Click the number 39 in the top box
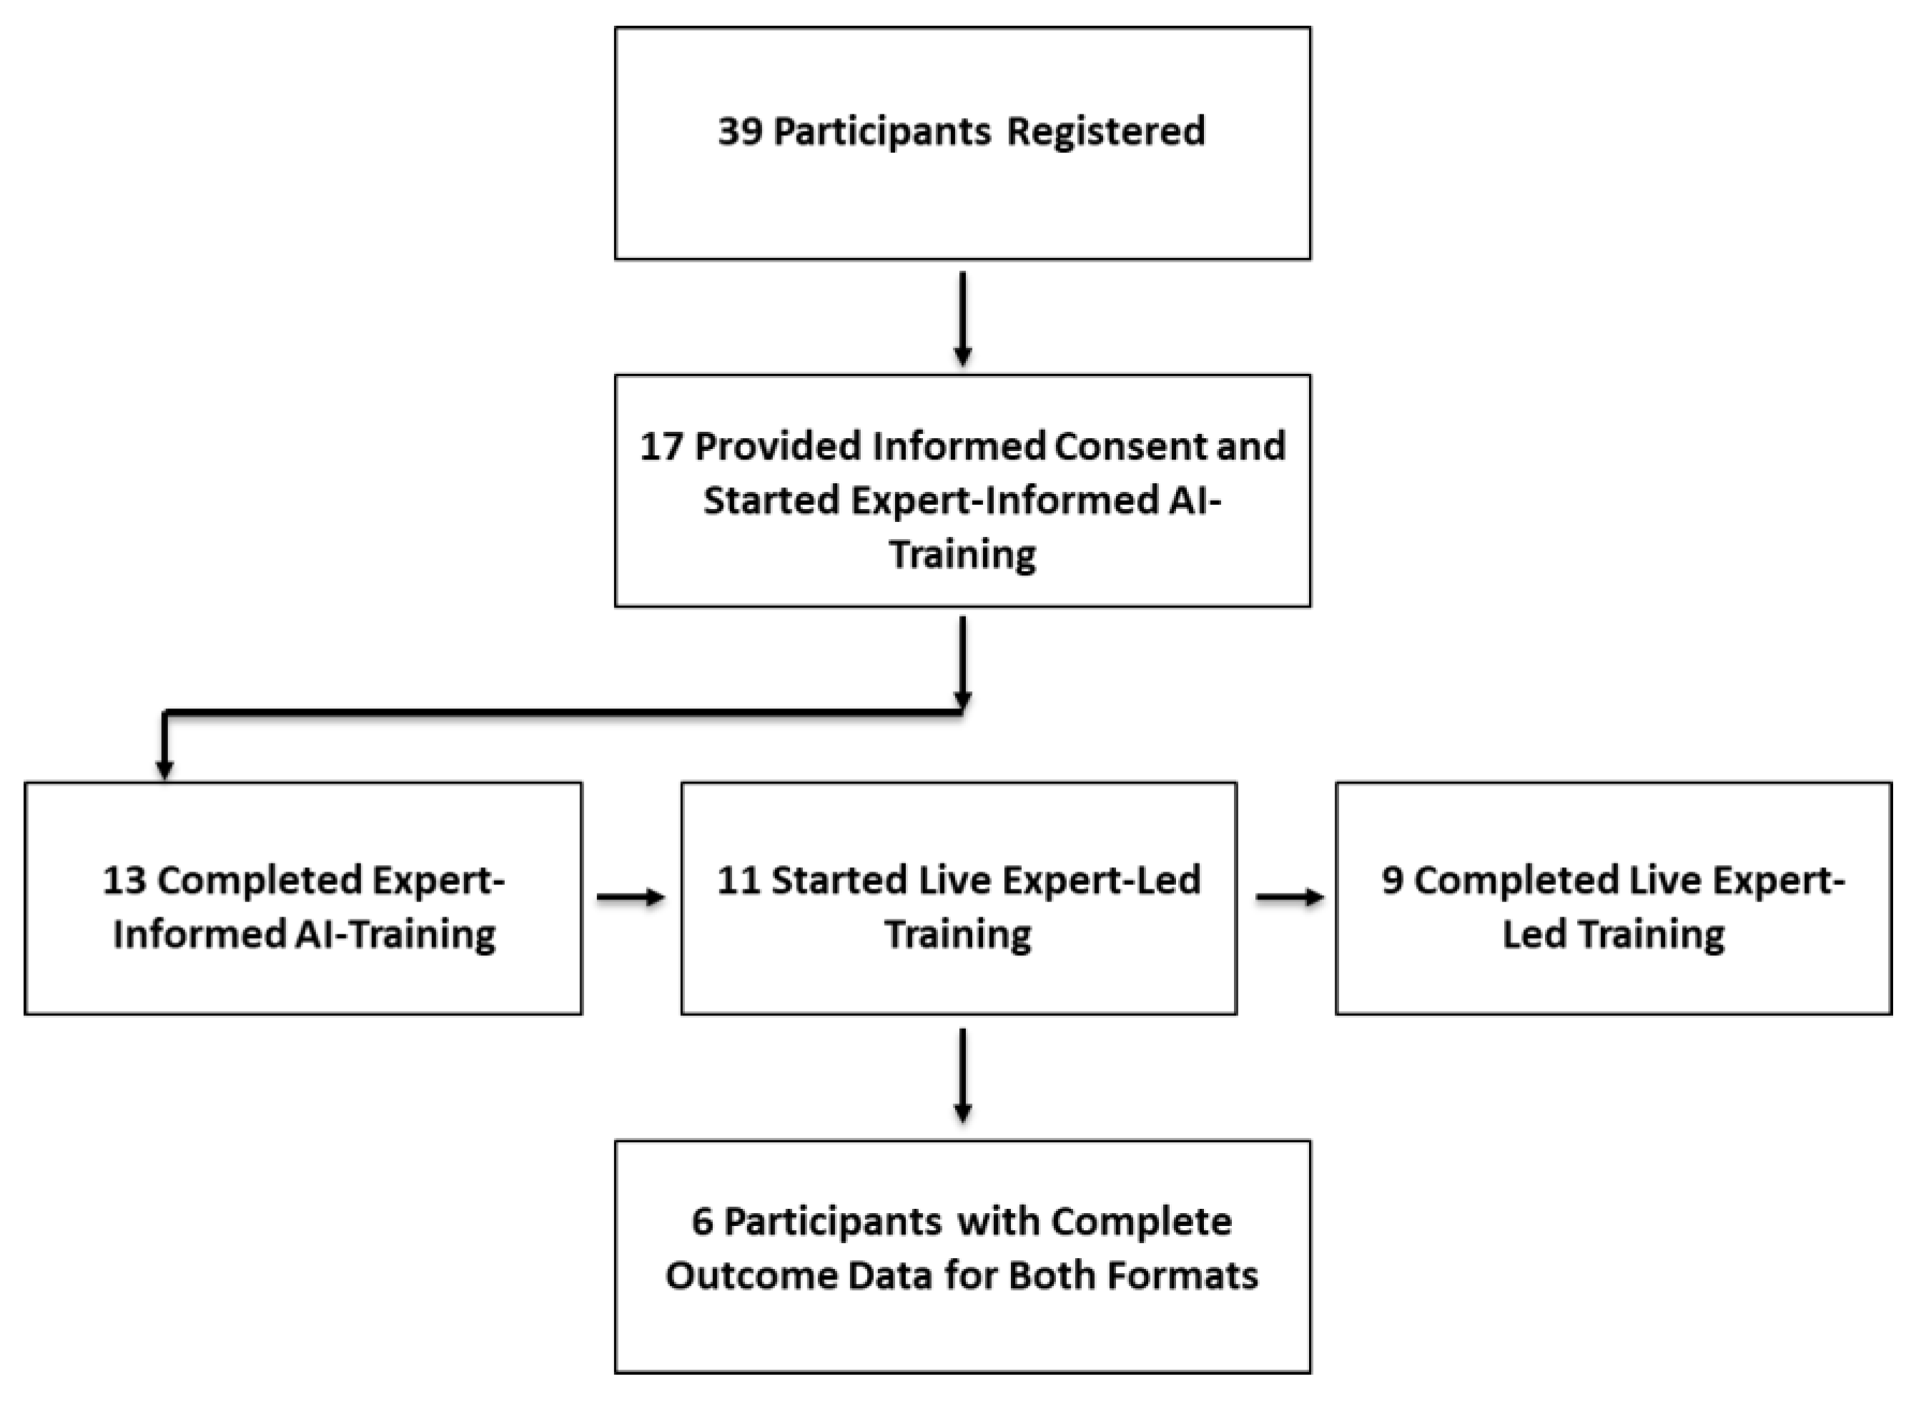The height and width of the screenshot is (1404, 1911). click(740, 132)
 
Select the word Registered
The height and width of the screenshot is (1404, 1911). click(1105, 132)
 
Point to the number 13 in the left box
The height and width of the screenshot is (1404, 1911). click(124, 881)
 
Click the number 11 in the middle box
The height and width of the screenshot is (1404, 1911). click(738, 881)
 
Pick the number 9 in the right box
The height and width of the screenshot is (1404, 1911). click(1392, 881)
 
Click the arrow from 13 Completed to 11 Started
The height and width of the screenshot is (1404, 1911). click(630, 897)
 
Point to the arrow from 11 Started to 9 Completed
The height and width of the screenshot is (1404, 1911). click(1289, 897)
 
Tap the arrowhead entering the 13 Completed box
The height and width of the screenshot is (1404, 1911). click(165, 768)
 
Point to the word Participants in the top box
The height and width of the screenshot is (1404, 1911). click(882, 132)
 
